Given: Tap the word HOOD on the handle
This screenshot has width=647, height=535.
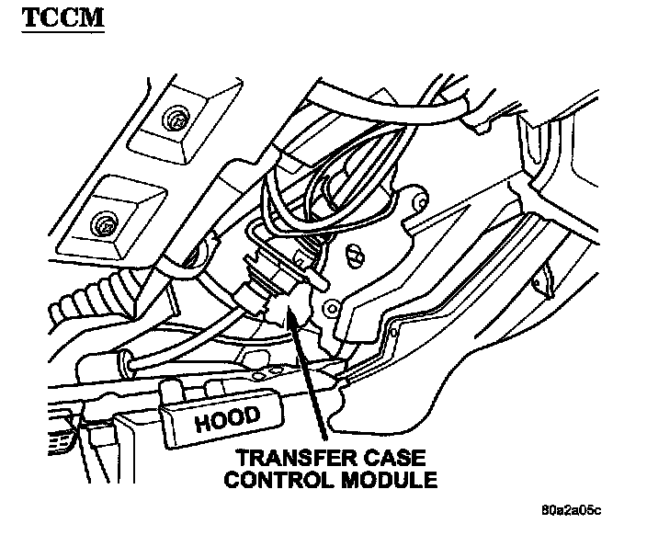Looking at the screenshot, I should tap(227, 419).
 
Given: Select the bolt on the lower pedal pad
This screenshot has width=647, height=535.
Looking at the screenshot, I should tap(104, 223).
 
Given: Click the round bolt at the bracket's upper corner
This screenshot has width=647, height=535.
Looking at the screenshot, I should tap(418, 200).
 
